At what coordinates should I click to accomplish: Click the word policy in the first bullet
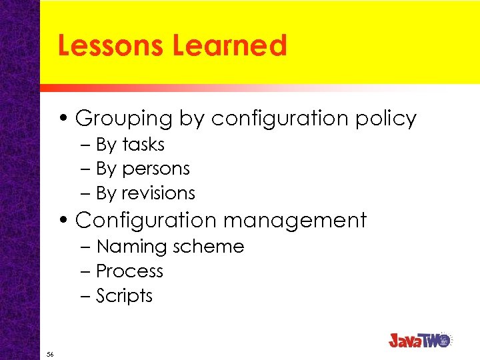[386, 119]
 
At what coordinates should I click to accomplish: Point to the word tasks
[143, 145]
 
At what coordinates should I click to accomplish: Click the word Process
[129, 271]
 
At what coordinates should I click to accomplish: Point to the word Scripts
[124, 296]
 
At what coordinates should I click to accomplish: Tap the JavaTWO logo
[420, 340]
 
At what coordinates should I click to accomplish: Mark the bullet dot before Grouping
[67, 119]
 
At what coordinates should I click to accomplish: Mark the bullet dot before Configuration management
[67, 220]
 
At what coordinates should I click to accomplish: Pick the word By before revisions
[106, 193]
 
